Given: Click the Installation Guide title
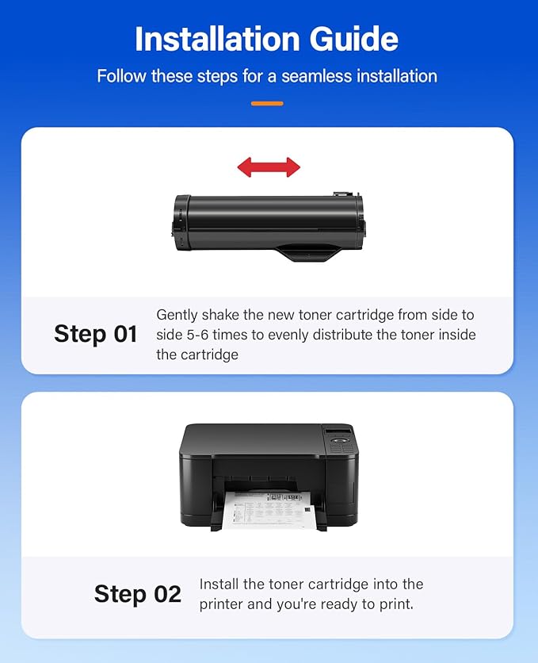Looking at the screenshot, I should (268, 39).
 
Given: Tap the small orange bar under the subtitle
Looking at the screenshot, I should (267, 103).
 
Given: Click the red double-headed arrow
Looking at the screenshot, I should (269, 167).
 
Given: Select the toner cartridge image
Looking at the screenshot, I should (269, 225).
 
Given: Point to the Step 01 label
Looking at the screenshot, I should (96, 334).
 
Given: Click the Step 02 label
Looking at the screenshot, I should (137, 594).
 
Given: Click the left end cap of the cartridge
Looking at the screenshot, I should (181, 224).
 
